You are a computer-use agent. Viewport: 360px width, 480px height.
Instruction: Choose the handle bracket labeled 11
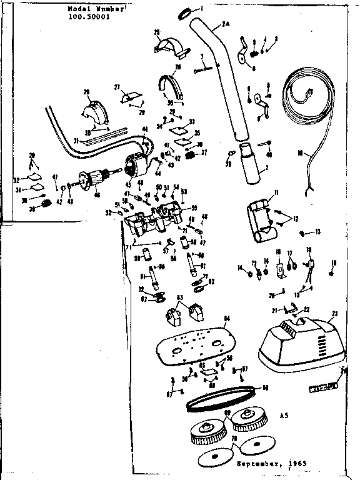259,219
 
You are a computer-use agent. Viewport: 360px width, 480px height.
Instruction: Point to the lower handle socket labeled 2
251,166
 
